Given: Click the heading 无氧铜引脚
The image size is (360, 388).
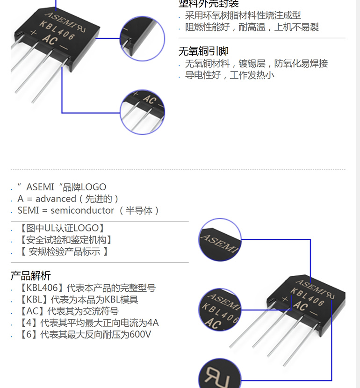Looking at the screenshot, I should [203, 51].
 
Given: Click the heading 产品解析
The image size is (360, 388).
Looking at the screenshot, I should [30, 275].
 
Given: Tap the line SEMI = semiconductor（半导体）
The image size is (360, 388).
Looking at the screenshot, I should [89, 210].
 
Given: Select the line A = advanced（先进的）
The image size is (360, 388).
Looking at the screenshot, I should [69, 199].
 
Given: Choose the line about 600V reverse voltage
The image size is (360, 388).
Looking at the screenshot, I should [85, 335].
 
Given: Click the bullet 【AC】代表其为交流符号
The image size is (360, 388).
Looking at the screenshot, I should [69, 311].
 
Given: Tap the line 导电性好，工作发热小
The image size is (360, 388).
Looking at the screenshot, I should [230, 75].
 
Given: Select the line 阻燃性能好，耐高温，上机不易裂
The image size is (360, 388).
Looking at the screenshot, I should [252, 27].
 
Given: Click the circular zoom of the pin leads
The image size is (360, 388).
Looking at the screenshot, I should [143, 112].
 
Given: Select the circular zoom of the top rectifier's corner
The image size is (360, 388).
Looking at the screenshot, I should [143, 39].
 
